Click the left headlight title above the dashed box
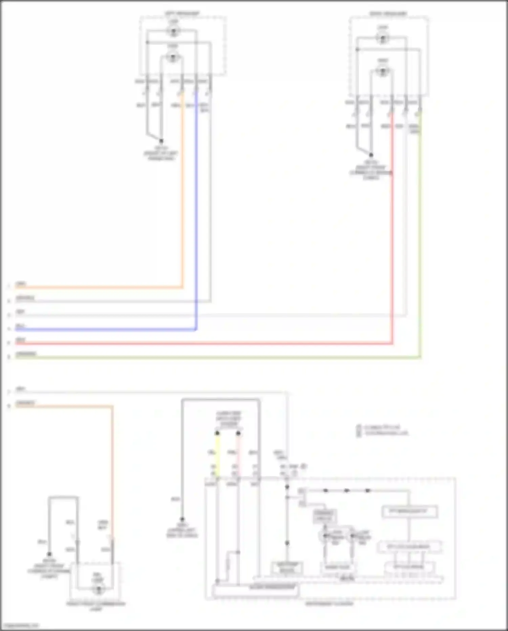point(182,14)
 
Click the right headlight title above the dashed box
point(388,14)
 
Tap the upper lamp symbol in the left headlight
point(173,32)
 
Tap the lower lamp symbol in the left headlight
point(173,57)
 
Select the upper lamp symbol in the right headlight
point(383,38)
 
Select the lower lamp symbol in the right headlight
point(383,72)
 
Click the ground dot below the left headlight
point(161,141)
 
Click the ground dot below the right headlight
point(371,155)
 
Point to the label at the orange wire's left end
point(21,284)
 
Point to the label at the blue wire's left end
point(20,327)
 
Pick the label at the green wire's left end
point(26,354)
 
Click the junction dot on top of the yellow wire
point(217,433)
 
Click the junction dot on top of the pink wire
point(238,433)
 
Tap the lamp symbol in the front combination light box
point(99,589)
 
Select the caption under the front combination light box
point(96,606)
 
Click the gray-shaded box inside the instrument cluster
point(324,516)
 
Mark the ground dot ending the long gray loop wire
point(182,519)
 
